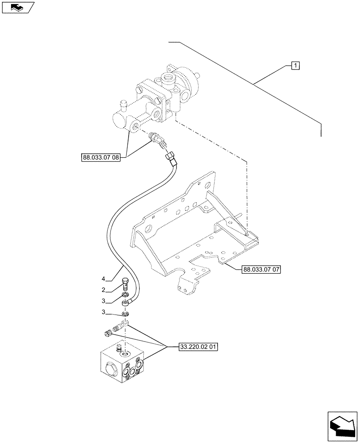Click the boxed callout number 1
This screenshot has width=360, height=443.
click(x=295, y=66)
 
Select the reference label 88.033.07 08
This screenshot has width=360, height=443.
click(x=101, y=157)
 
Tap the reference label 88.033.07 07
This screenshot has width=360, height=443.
click(x=262, y=269)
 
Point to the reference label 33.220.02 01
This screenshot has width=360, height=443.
click(x=199, y=347)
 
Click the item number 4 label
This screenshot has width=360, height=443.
click(x=103, y=279)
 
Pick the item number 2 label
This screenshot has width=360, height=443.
click(x=103, y=290)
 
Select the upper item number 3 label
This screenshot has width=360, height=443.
click(x=103, y=301)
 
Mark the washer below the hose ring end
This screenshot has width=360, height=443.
click(x=125, y=314)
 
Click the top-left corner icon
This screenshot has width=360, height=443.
click(x=18, y=7)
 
